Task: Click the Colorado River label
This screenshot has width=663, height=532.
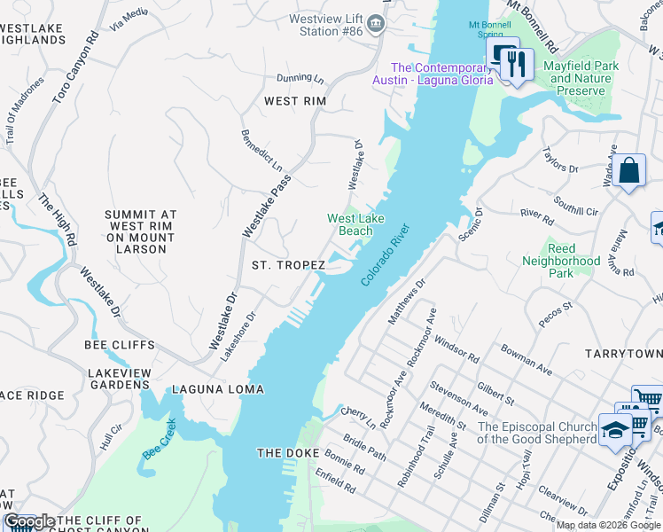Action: click(x=386, y=254)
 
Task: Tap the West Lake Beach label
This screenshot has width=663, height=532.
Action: click(x=350, y=224)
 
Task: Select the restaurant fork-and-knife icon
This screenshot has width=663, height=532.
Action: click(x=513, y=63)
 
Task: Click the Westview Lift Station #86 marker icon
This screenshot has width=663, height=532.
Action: click(x=377, y=23)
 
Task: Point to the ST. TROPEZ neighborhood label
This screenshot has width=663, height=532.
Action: click(x=287, y=265)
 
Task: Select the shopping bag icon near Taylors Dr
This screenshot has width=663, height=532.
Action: click(x=628, y=169)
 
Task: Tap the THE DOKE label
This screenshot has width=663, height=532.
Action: click(x=282, y=453)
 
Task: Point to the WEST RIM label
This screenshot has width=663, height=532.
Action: click(x=295, y=101)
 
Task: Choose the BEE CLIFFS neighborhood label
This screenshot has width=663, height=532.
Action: click(x=120, y=345)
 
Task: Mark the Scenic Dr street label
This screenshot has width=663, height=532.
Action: click(x=469, y=224)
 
